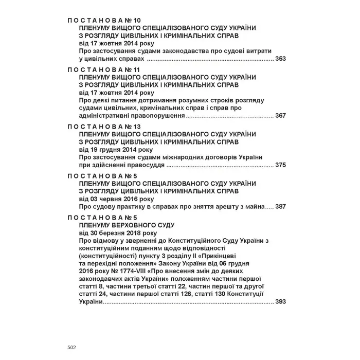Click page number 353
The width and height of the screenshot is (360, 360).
(280, 59)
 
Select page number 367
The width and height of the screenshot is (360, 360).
(280, 116)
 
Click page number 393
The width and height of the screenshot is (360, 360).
(280, 302)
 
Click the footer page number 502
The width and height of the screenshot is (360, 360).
(72, 348)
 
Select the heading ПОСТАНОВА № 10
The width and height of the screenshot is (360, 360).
(100, 20)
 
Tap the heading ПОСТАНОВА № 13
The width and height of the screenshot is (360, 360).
(100, 126)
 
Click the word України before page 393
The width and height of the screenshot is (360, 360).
(91, 302)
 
